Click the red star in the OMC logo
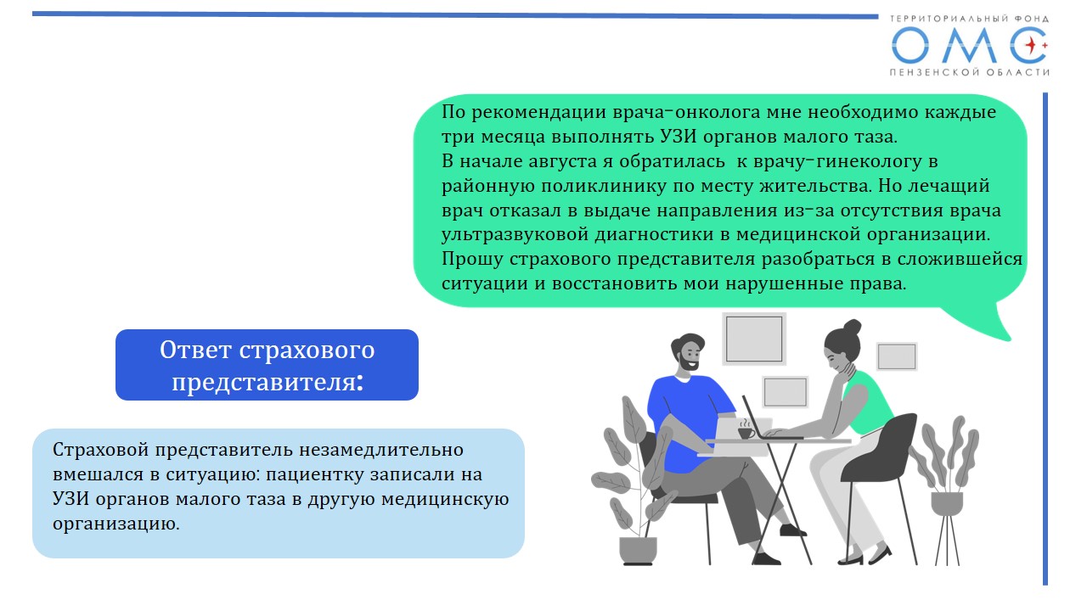1031,46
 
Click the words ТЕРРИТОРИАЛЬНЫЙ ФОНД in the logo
969,19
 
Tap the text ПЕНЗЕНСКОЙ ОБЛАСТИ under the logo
969,72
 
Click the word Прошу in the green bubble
471,260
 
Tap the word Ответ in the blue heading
195,350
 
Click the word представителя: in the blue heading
268,382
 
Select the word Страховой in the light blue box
100,450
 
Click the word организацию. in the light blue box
116,524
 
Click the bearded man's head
688,352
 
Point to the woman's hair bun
852,328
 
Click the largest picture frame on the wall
753,339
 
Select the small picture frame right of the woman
897,356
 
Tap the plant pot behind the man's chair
638,549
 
